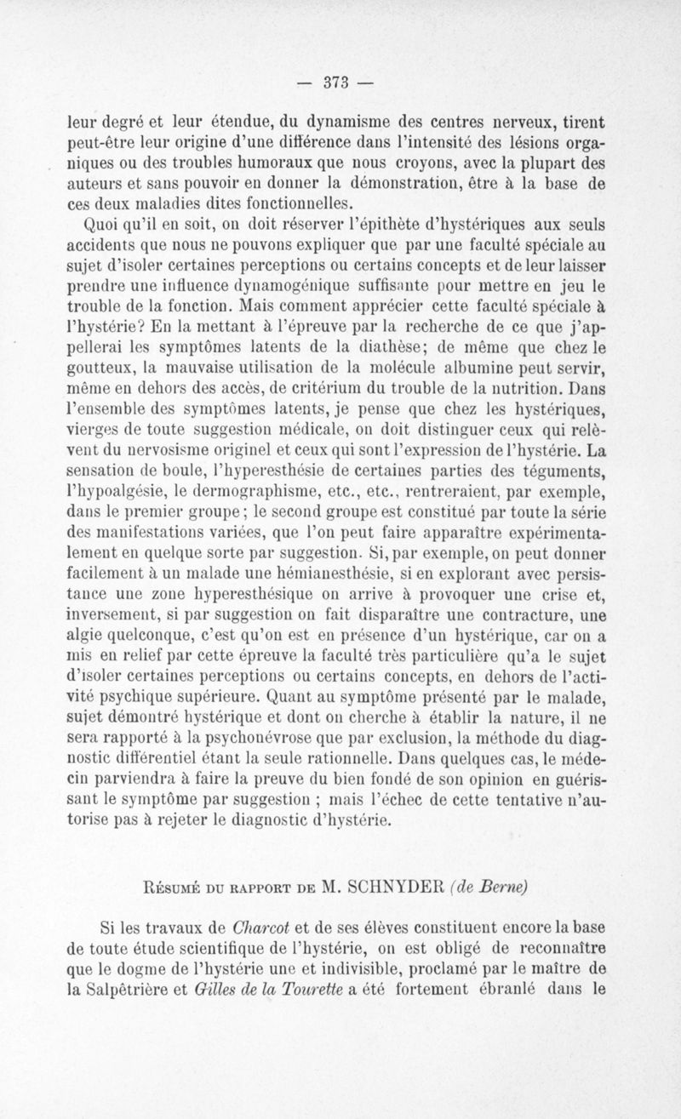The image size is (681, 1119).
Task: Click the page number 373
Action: click(340, 85)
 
